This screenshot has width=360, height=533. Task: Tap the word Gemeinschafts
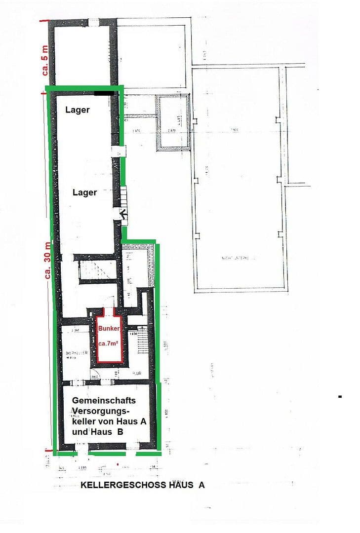[104, 400]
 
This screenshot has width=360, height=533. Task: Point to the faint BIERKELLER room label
[76, 353]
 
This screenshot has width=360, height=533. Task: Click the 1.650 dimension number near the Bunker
[133, 335]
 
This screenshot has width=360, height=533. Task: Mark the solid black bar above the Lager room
[105, 92]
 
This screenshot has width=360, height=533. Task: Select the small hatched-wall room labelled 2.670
[172, 122]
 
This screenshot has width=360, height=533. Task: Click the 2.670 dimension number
[171, 131]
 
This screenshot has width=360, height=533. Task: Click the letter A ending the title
[201, 485]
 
